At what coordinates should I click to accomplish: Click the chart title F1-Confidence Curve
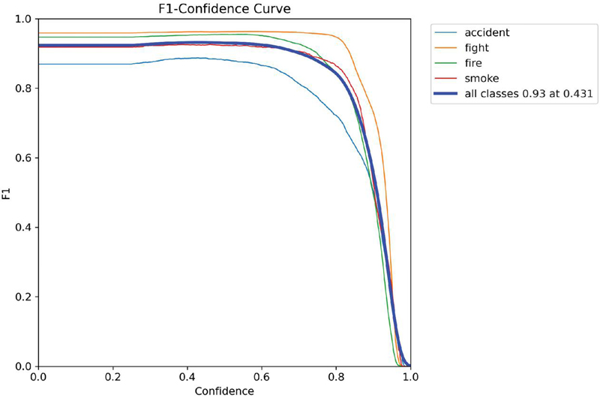(224, 8)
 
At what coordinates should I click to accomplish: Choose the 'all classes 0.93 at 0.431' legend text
(529, 93)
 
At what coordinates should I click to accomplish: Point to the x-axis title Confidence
(224, 391)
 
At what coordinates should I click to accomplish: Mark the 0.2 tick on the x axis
(113, 377)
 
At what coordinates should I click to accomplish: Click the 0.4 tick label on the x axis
(187, 377)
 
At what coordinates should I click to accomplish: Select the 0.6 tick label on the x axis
(262, 377)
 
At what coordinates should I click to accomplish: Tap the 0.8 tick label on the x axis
(336, 377)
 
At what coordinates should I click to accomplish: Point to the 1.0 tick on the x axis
(410, 377)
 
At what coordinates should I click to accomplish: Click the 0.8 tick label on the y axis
(22, 89)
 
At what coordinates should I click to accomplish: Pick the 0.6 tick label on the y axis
(22, 158)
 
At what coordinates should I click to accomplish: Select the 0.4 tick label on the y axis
(22, 228)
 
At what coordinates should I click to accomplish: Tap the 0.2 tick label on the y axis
(22, 297)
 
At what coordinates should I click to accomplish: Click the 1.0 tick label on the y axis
(22, 19)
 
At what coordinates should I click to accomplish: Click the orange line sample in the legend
(445, 48)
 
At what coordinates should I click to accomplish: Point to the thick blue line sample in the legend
(445, 93)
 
